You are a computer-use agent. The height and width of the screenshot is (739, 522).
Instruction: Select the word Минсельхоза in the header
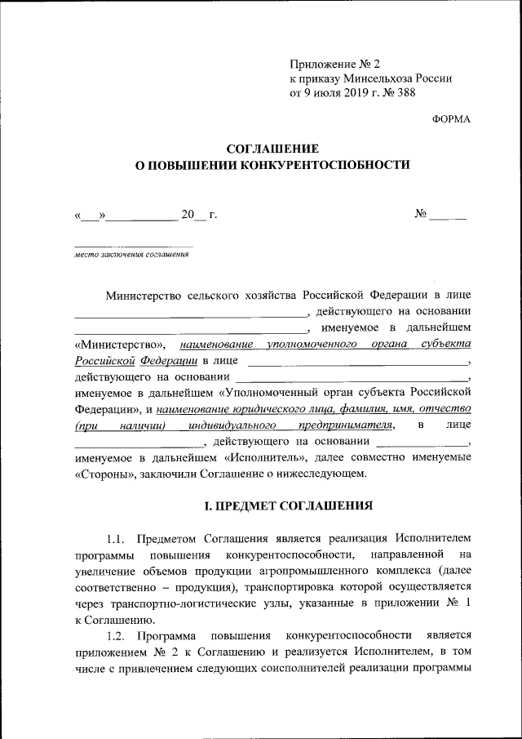tap(377, 78)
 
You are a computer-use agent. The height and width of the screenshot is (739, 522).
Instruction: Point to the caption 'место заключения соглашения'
tap(131, 253)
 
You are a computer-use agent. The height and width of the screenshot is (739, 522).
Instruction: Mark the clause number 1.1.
tap(117, 538)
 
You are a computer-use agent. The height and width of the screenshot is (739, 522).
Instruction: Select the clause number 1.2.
tap(117, 634)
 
